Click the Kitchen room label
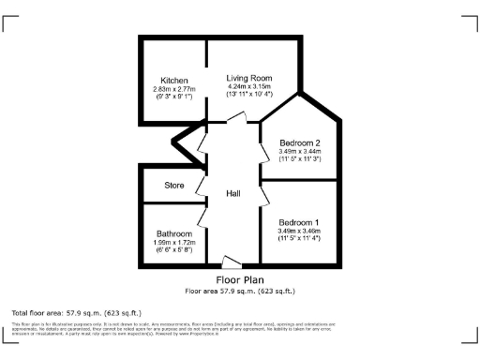[x=173, y=80]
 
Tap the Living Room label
[x=248, y=78]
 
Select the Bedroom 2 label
[x=299, y=142]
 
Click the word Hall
[x=233, y=193]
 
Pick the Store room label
[x=174, y=186]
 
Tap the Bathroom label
[x=174, y=233]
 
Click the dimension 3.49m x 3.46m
[x=299, y=232]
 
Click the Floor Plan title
[x=240, y=279]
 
